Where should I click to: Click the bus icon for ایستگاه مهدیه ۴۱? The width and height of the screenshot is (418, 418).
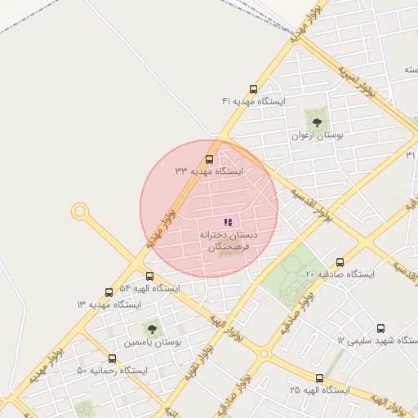pyautogui.click(x=253, y=90)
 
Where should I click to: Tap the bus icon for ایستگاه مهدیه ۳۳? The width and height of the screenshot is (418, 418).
pyautogui.click(x=210, y=160)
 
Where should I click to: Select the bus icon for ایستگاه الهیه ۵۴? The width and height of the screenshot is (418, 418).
pyautogui.click(x=149, y=277)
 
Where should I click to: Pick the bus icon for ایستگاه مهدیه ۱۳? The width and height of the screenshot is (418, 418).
pyautogui.click(x=109, y=292)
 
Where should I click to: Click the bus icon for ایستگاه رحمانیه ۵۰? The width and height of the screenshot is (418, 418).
pyautogui.click(x=113, y=358)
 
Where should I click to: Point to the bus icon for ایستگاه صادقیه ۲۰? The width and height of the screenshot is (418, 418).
pyautogui.click(x=340, y=262)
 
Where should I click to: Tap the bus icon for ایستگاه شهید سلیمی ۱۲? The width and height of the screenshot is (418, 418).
pyautogui.click(x=380, y=328)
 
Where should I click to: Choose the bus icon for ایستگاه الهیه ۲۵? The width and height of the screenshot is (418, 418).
pyautogui.click(x=319, y=379)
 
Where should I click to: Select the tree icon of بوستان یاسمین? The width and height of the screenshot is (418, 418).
pyautogui.click(x=151, y=329)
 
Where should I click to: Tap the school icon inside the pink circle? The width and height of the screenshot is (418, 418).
pyautogui.click(x=228, y=222)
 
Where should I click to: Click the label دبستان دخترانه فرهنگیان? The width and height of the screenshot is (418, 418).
pyautogui.click(x=228, y=240)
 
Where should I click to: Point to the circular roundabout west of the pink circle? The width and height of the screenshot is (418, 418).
pyautogui.click(x=80, y=212)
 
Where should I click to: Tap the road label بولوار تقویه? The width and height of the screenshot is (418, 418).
pyautogui.click(x=205, y=359)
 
